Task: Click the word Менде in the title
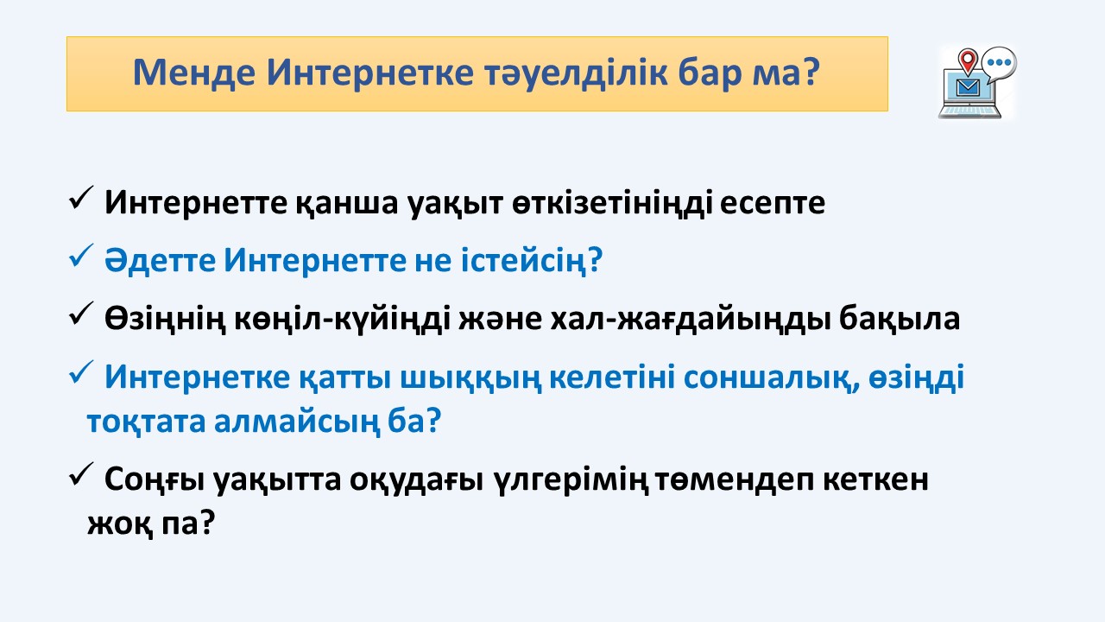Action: (194, 73)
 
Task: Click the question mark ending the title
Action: (808, 72)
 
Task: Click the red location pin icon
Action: (968, 61)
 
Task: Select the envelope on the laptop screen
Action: (968, 87)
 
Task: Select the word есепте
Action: (772, 203)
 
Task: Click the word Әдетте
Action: (160, 260)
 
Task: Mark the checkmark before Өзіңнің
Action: (81, 313)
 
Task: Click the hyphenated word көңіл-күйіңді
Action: (342, 320)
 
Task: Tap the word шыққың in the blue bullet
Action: (470, 378)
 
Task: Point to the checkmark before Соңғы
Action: (81, 474)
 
